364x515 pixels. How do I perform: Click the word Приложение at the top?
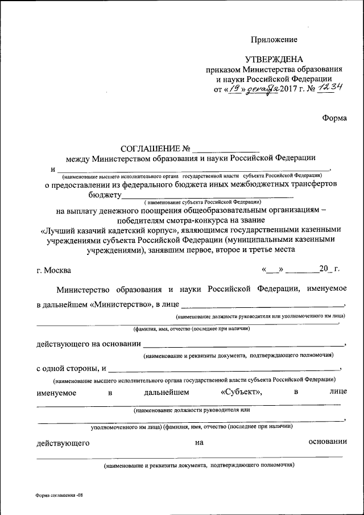pos(274,40)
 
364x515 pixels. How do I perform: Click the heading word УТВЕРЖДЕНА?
pos(274,59)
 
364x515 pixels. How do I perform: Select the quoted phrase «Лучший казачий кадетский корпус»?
pos(110,230)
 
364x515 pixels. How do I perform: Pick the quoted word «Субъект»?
pos(241,392)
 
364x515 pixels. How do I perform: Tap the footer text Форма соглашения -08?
pos(59,495)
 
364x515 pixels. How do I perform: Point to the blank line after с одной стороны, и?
pos(224,369)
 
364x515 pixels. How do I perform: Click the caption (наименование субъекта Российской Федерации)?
pos(202,202)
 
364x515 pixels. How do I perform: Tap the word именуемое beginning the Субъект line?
pos(57,392)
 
